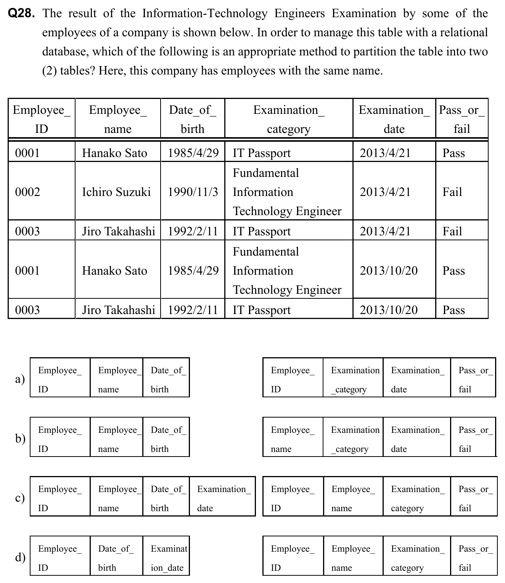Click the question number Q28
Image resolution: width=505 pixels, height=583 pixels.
(x=22, y=14)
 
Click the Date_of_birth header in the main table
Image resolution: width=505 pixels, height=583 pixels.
(x=193, y=119)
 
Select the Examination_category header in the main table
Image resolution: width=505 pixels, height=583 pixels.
(x=289, y=119)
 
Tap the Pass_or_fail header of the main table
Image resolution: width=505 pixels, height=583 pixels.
(x=462, y=119)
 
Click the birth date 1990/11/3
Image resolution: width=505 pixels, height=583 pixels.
(x=193, y=192)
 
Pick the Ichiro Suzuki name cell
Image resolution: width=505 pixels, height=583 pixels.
(x=116, y=192)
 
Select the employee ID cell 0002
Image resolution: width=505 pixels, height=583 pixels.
(x=27, y=192)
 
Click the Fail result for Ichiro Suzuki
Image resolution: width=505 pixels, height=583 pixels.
(x=452, y=192)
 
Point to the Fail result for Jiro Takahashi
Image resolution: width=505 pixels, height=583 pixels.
(x=452, y=231)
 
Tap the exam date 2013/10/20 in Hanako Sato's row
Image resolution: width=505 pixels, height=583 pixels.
(x=389, y=270)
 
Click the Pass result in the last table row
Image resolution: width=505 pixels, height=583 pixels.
(x=454, y=310)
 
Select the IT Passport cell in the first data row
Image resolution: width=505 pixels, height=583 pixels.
(x=262, y=153)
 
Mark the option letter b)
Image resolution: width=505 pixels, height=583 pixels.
(x=20, y=438)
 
